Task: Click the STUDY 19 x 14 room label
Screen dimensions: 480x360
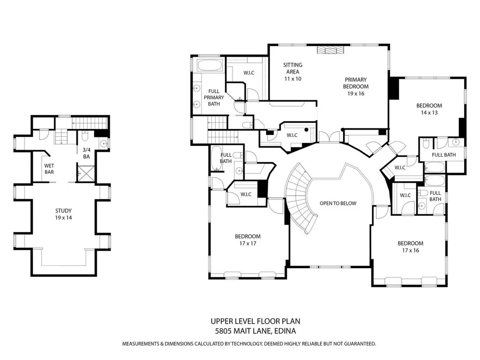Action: click(64, 214)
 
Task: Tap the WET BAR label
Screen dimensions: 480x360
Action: click(49, 169)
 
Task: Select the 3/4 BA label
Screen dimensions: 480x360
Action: click(87, 153)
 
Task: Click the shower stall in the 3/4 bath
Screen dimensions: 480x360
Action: click(86, 173)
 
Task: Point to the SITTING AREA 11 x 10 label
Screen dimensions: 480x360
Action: click(292, 72)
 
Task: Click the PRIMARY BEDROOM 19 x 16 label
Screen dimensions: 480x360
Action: click(356, 87)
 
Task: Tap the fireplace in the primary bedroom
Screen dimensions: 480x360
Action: click(330, 50)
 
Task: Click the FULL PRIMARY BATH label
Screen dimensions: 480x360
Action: click(214, 97)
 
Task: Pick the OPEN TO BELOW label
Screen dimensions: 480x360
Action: click(338, 203)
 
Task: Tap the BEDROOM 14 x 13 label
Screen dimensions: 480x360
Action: click(429, 109)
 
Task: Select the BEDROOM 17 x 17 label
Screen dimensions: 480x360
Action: click(247, 240)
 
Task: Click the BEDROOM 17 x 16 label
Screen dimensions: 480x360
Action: click(411, 247)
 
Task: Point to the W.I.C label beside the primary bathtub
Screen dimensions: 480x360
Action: click(249, 73)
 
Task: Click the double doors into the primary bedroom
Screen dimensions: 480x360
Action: click(329, 137)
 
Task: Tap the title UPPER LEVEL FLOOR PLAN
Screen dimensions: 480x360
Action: click(255, 321)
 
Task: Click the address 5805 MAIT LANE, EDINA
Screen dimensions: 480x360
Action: click(255, 331)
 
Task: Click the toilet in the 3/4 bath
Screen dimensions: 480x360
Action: click(85, 135)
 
